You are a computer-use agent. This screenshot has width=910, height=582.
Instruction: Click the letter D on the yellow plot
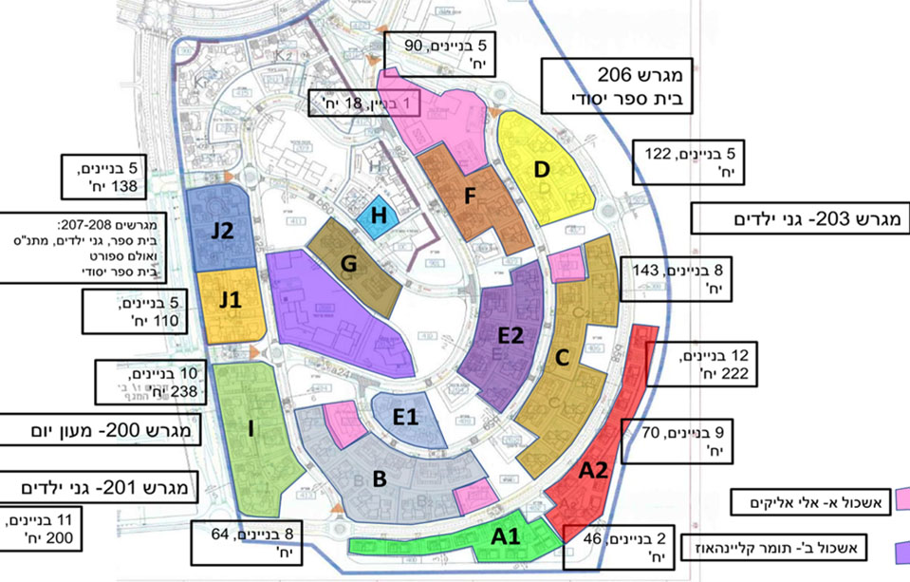(x=542, y=169)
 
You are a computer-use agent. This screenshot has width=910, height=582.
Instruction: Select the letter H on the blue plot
(x=380, y=216)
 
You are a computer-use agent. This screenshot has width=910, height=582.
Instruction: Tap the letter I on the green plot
(x=251, y=430)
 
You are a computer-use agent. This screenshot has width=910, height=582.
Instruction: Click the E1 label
(x=406, y=417)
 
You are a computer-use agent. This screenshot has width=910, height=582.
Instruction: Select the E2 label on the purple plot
(x=511, y=335)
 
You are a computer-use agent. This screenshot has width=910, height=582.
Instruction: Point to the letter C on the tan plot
(x=562, y=358)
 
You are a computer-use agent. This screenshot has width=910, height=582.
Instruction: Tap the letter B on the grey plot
(x=379, y=479)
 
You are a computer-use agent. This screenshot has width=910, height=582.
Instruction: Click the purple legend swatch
(x=899, y=549)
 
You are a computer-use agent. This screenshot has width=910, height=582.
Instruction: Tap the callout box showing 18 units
(x=353, y=103)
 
